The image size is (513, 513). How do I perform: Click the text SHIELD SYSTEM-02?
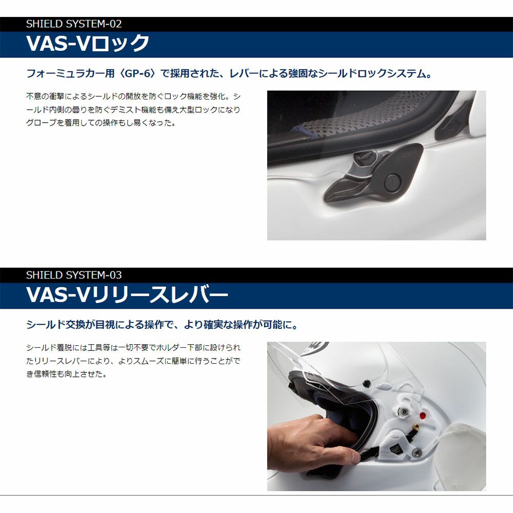(x=74, y=24)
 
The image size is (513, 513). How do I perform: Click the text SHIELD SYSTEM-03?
(x=74, y=275)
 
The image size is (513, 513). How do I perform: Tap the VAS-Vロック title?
(x=88, y=43)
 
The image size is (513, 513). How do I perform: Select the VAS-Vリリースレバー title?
(x=127, y=294)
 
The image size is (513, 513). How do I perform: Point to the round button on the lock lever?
(x=391, y=183)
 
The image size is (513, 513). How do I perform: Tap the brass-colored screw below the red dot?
(x=417, y=427)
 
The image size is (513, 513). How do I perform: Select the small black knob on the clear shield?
(x=367, y=382)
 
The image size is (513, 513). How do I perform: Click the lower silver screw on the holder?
(x=417, y=452)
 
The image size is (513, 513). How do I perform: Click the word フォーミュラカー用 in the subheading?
(x=70, y=73)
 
